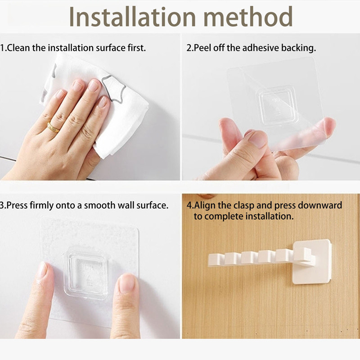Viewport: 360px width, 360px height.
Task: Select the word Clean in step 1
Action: (18, 48)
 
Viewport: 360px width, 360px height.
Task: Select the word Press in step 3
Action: (18, 206)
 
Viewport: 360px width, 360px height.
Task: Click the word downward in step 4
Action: (320, 206)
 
